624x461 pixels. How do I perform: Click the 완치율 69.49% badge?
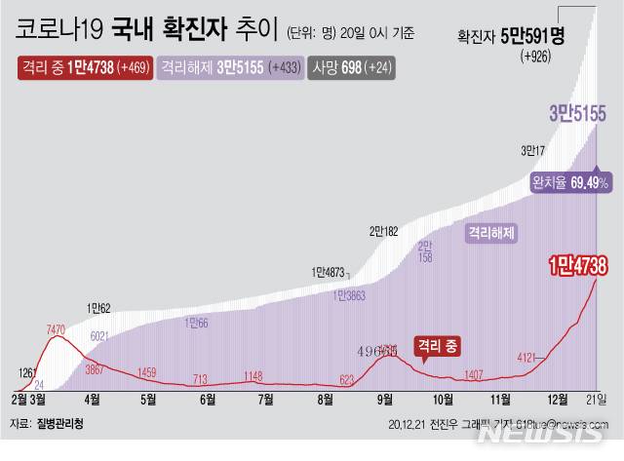(570, 182)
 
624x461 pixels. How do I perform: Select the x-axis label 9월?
(385, 399)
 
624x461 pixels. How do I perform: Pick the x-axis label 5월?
(149, 399)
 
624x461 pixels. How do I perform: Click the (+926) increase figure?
(534, 58)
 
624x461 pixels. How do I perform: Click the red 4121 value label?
(527, 358)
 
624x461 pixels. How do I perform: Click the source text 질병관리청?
(64, 424)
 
